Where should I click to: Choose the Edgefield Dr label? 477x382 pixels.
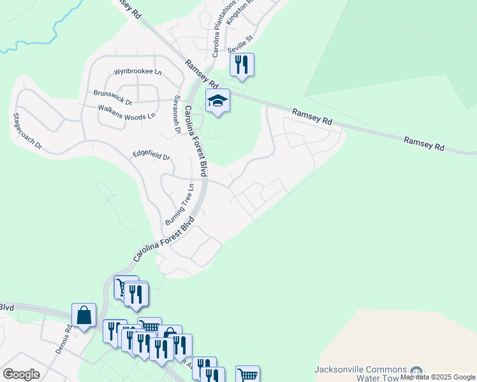pyautogui.click(x=151, y=155)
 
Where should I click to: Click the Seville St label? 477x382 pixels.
pyautogui.click(x=240, y=41)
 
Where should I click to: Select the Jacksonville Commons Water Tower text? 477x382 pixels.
pyautogui.click(x=360, y=374)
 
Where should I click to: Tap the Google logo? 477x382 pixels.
pyautogui.click(x=21, y=374)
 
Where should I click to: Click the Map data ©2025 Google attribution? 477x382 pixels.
pyautogui.click(x=438, y=377)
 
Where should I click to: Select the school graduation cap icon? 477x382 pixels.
pyautogui.click(x=217, y=101)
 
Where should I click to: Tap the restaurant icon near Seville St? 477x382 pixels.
pyautogui.click(x=242, y=64)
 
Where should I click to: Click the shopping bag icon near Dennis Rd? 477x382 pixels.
pyautogui.click(x=84, y=315)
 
